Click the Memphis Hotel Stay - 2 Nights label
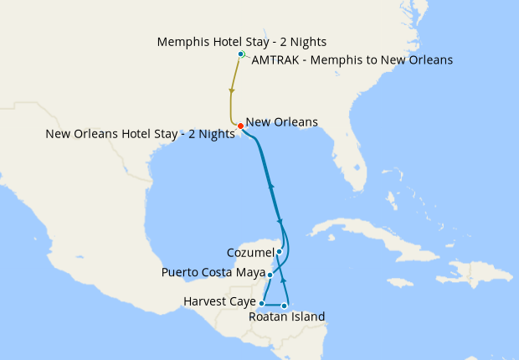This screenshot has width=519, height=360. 241,41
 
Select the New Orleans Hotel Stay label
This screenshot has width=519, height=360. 140,133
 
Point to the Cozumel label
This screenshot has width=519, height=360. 250,252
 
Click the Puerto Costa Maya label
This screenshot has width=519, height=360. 213,272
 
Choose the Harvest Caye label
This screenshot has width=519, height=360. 219,301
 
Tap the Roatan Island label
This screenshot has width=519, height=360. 286,316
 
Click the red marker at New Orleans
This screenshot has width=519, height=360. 240,126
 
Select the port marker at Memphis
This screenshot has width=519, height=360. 240,54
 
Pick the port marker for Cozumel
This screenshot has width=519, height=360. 279,251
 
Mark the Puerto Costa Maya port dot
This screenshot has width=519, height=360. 270,274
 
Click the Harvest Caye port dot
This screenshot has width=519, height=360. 262,303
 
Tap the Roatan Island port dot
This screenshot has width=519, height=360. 285,306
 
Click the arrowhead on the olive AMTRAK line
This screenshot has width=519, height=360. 231,90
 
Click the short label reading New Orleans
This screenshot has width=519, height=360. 282,122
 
